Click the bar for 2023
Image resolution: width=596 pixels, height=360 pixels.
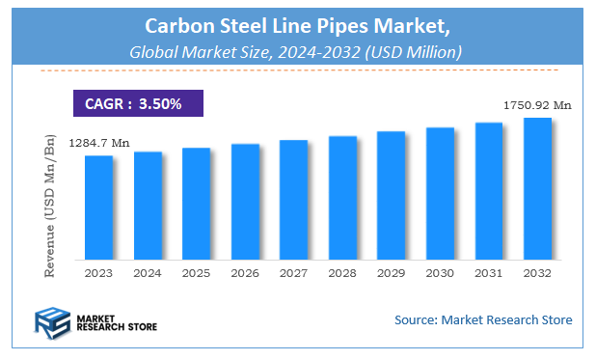click(x=98, y=208)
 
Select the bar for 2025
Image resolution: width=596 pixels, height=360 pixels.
click(x=196, y=204)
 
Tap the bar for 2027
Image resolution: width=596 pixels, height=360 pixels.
click(x=293, y=200)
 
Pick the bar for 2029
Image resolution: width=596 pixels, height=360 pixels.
click(x=391, y=196)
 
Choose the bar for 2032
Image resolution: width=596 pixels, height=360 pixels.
click(x=537, y=189)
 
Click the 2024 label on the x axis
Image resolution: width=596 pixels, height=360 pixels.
click(x=148, y=273)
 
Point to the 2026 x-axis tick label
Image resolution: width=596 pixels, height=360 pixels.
click(x=245, y=273)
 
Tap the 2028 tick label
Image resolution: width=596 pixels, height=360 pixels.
click(x=342, y=273)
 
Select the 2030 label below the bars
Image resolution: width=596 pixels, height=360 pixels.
click(x=440, y=273)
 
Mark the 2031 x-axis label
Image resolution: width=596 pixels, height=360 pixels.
click(x=489, y=273)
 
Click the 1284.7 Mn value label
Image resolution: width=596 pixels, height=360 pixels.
click(x=98, y=143)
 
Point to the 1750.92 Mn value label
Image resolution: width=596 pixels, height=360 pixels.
click(x=536, y=104)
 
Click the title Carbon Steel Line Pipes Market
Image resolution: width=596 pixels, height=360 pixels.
click(x=298, y=22)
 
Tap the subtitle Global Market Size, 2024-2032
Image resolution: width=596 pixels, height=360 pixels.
click(x=298, y=50)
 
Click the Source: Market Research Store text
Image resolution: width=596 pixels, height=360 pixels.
click(x=483, y=319)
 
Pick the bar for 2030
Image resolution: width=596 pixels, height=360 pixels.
click(x=440, y=193)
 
